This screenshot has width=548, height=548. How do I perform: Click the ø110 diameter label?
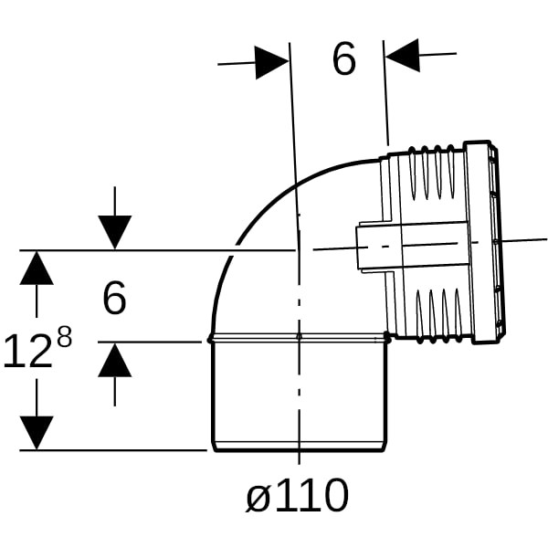(x=297, y=495)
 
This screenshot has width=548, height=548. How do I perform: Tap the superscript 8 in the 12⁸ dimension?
(x=64, y=336)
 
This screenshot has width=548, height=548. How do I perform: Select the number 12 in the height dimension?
(x=28, y=351)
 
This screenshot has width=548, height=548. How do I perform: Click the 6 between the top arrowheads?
(x=344, y=58)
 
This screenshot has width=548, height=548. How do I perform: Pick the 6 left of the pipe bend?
(x=114, y=298)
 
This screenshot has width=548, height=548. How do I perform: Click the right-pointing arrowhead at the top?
(x=272, y=62)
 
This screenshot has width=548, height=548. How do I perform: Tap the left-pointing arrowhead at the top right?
(x=402, y=55)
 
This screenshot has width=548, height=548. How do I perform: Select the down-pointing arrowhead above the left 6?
(x=115, y=232)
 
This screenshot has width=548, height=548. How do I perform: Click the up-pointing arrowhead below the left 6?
(x=115, y=360)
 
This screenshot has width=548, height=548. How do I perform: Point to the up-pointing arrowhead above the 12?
(x=37, y=268)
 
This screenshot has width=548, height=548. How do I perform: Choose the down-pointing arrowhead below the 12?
(x=37, y=433)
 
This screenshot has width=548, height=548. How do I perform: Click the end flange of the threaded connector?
(x=484, y=243)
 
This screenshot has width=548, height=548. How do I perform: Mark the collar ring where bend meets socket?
(x=299, y=338)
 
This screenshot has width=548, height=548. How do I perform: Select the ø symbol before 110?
(x=258, y=498)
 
